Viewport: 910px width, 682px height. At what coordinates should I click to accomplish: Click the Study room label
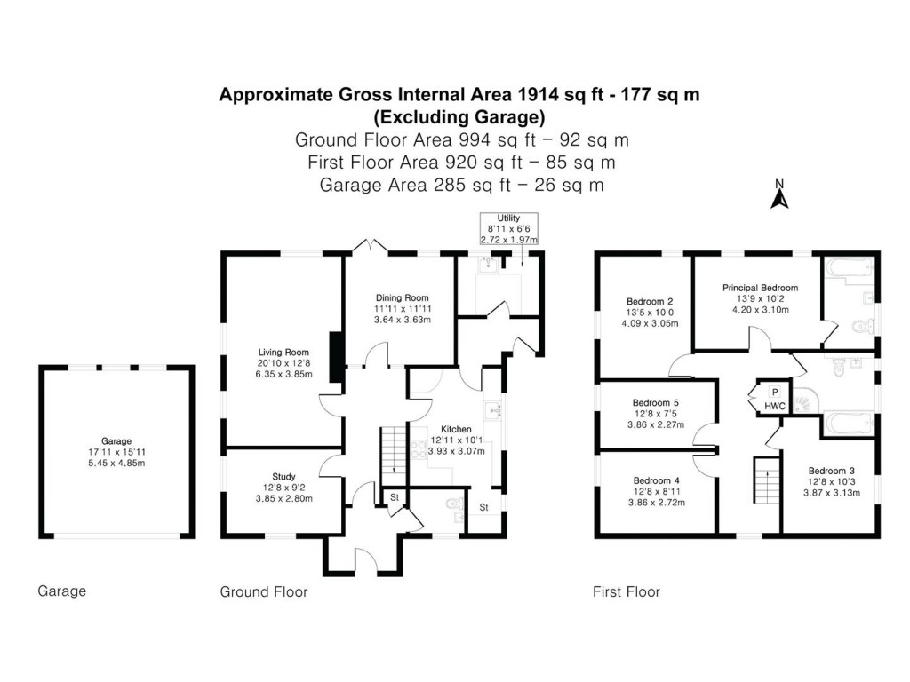coord(283,476)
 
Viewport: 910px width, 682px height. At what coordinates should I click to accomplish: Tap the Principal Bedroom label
coord(760,288)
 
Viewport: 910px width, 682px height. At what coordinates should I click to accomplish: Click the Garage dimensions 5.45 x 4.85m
coord(116,463)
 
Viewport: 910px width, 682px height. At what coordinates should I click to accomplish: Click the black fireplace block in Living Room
coord(336,357)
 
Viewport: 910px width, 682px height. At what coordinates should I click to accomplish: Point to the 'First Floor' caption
coord(627,591)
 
